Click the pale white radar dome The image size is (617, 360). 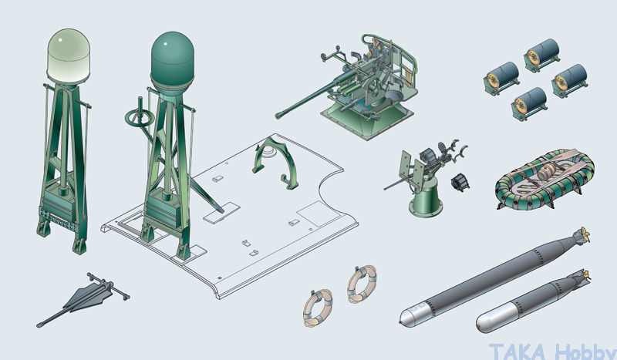point(69,56)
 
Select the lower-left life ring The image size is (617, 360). point(318,308)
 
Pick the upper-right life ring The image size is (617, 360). point(362,283)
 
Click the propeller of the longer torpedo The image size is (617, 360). point(582,235)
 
